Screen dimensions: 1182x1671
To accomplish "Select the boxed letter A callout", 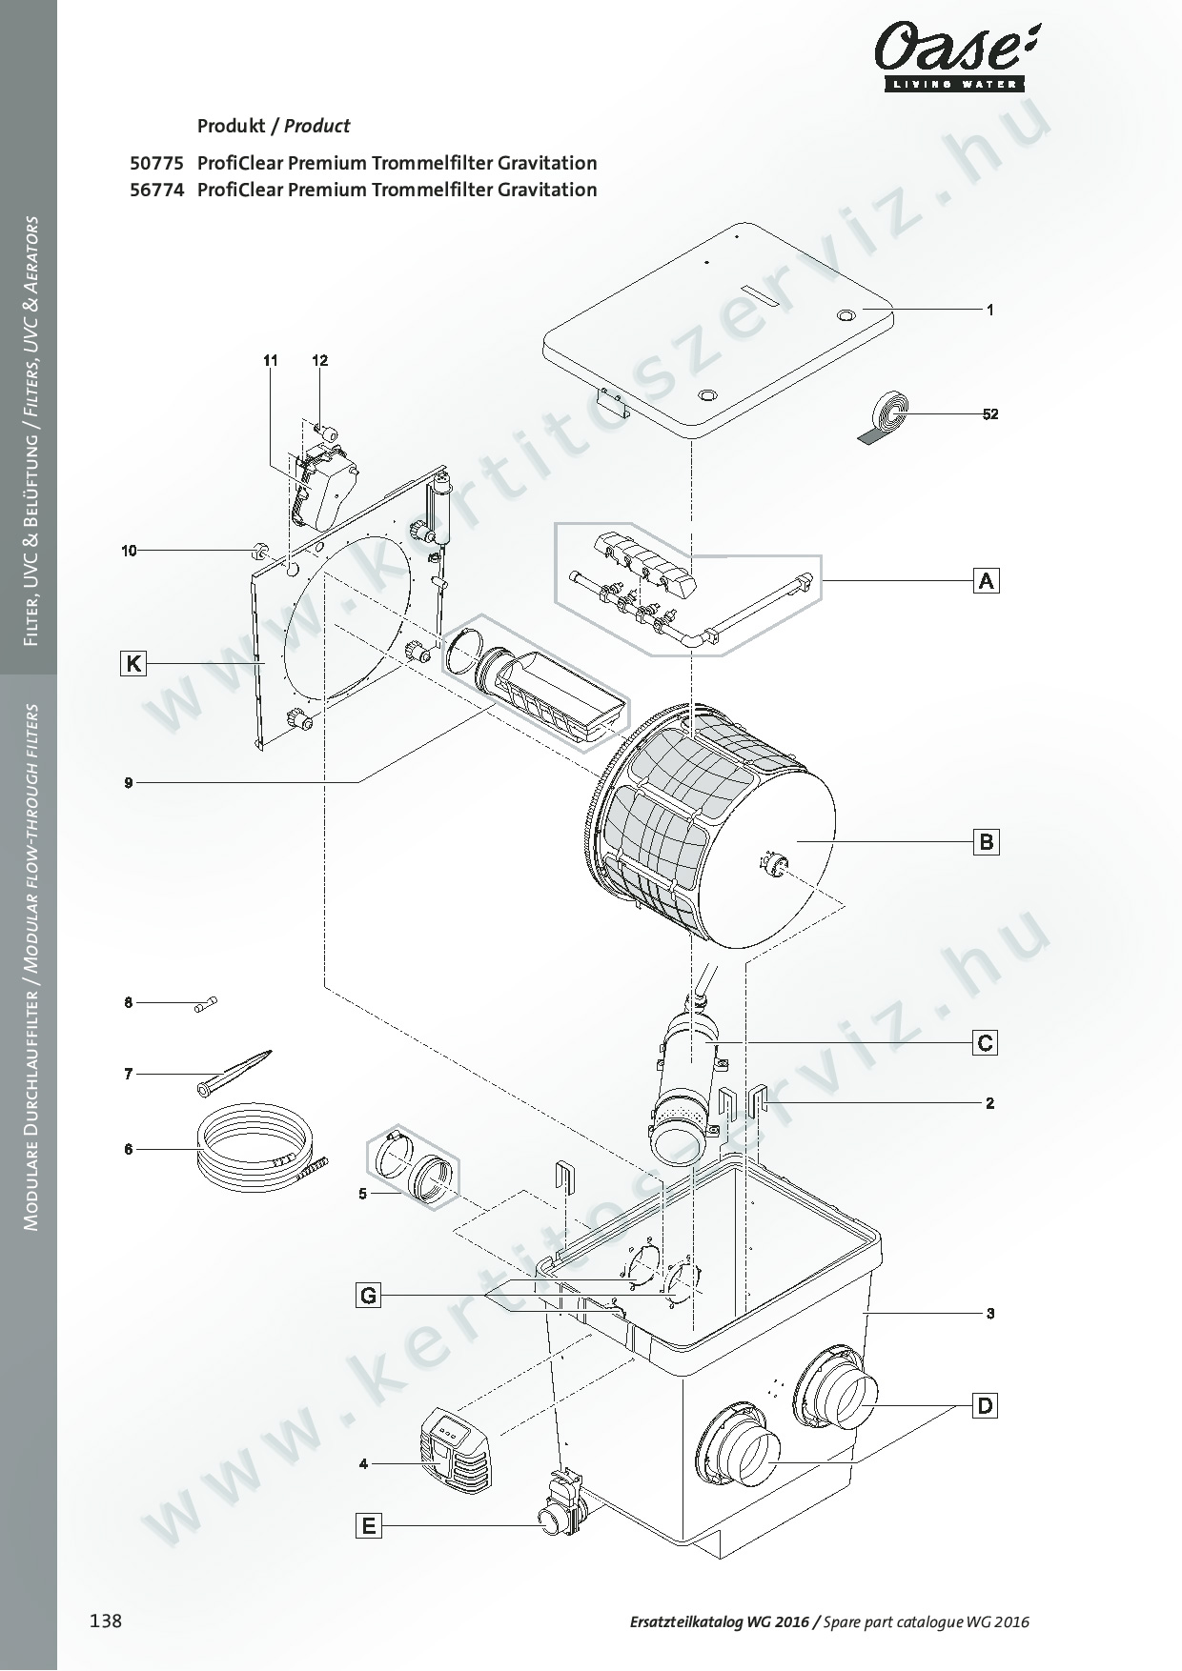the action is pos(987,580).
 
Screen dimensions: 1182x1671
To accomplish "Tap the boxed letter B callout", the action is pos(987,842).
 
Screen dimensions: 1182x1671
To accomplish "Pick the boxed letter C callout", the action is pos(986,1043).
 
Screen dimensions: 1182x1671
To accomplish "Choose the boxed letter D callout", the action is pos(986,1405).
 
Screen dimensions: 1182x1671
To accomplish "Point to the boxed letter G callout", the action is pos(368,1296).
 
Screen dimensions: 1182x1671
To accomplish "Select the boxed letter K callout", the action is pos(133,663).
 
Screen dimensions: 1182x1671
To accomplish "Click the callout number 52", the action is pos(990,414).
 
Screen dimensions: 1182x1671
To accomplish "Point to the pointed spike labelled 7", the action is pos(235,1072).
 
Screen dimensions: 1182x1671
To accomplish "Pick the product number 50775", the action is pos(156,163).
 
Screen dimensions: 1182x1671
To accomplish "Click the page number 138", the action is pos(106,1621).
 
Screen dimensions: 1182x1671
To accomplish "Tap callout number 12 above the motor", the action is pos(320,360).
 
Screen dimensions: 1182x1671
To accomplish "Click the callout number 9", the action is pos(128,783).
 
